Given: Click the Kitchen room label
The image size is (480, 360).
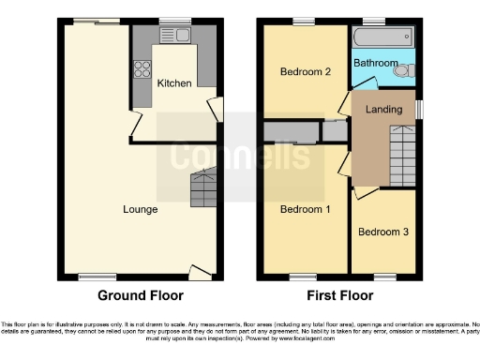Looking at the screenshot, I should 173,83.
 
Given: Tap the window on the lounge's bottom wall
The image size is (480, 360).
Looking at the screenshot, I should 92,276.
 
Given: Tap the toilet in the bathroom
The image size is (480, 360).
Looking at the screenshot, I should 403,70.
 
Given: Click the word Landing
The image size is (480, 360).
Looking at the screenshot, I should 383,110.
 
